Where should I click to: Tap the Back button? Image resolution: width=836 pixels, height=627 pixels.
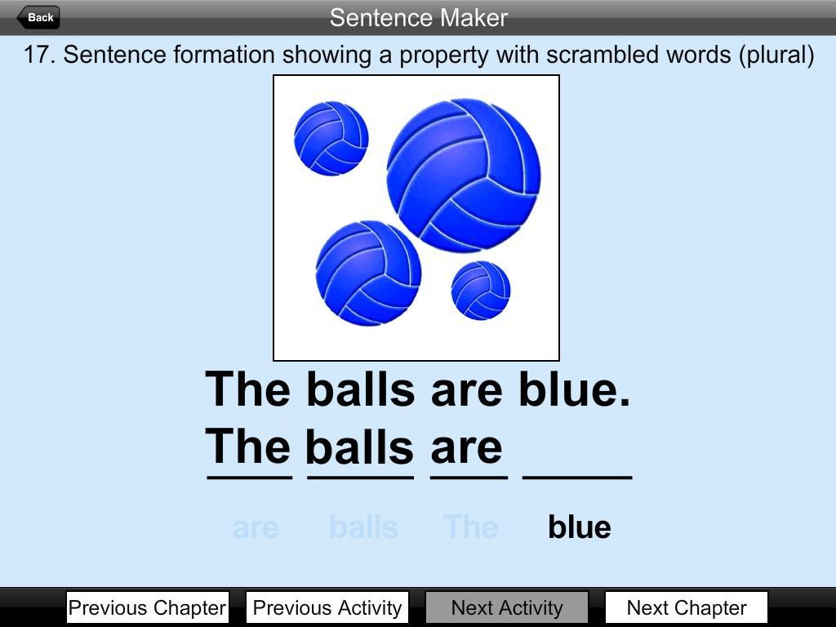[x=38, y=18]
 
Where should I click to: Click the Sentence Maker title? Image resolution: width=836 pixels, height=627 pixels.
[x=419, y=18]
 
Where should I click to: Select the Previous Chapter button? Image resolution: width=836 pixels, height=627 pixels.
[x=148, y=607]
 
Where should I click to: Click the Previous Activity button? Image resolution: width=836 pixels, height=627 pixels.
[x=327, y=607]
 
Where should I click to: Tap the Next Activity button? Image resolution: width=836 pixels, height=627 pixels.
[x=507, y=607]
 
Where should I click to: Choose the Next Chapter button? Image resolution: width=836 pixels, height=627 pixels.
[x=687, y=607]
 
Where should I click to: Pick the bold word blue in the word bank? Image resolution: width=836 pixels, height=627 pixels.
[x=580, y=527]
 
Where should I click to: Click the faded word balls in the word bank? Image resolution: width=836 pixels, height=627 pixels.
[x=363, y=527]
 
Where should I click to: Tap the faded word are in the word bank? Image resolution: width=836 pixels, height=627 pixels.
[x=256, y=528]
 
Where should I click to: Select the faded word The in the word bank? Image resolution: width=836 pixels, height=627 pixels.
[x=471, y=527]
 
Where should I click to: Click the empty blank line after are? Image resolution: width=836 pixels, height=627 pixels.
[x=577, y=478]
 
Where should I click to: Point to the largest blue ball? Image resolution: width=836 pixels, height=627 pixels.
[x=464, y=176]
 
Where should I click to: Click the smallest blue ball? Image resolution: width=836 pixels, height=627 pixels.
[x=480, y=291]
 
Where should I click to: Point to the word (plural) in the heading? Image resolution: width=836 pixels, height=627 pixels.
[x=776, y=55]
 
